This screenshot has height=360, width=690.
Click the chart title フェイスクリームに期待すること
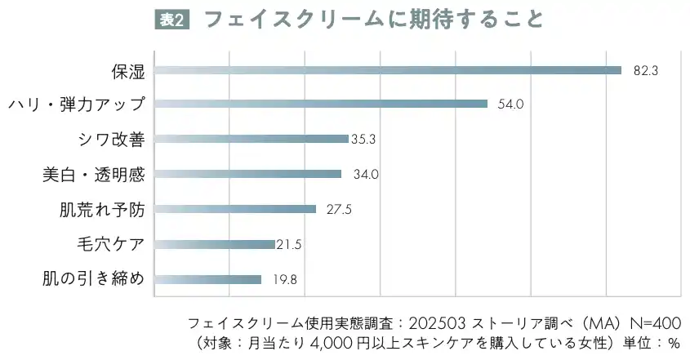tap(373, 19)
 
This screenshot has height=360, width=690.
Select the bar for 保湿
tap(388, 70)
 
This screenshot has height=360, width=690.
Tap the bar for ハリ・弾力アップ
tap(321, 104)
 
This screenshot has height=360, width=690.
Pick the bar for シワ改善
tap(252, 139)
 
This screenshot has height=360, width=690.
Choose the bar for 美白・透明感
tap(247, 174)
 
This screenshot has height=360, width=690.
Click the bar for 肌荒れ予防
tap(235, 209)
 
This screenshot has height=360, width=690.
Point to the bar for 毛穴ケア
tap(215, 244)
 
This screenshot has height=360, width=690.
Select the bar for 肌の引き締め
tap(208, 279)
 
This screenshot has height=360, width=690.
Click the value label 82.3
tap(646, 71)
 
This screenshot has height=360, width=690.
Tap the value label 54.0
tap(510, 104)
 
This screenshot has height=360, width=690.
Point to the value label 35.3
tap(363, 140)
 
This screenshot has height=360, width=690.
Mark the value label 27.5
tap(339, 210)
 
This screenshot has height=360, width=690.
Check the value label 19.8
tap(284, 280)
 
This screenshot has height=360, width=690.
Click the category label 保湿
tap(128, 71)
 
